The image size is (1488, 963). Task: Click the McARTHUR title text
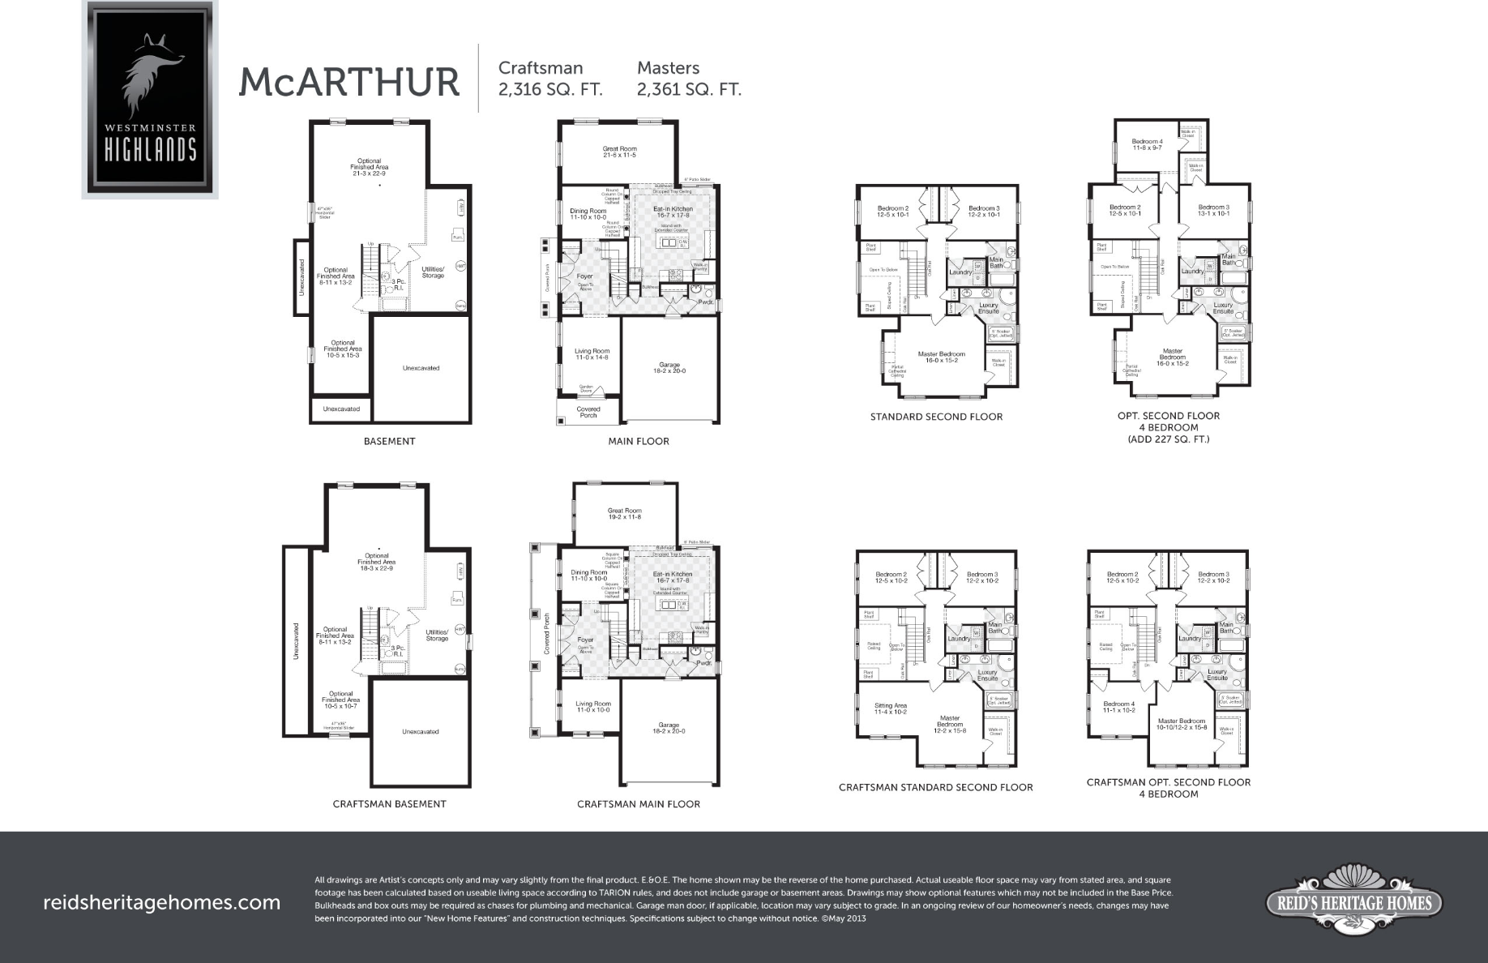[x=348, y=82]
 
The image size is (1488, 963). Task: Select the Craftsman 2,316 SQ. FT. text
[x=550, y=79]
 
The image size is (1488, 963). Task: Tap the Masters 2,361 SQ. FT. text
[x=689, y=79]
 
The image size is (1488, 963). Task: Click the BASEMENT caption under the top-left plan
[x=389, y=442]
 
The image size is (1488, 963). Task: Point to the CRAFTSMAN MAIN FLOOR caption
[x=639, y=804]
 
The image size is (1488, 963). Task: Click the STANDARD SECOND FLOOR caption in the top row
[x=936, y=417]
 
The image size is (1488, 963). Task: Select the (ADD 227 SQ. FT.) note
[x=1168, y=439]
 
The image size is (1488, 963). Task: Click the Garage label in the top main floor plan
[x=669, y=368]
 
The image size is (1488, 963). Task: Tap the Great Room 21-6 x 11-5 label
[x=620, y=152]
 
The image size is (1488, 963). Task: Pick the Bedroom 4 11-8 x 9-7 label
[x=1147, y=145]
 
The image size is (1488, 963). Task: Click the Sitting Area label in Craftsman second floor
[x=890, y=708]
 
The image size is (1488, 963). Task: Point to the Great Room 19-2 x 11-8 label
[x=624, y=514]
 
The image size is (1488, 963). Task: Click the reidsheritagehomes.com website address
[x=161, y=902]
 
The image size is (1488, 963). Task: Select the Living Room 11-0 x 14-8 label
[x=592, y=354]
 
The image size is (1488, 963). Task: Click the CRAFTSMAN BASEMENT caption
[x=389, y=804]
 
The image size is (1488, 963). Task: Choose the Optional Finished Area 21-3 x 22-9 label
[x=369, y=167]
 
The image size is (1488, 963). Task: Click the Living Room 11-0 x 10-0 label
[x=593, y=707]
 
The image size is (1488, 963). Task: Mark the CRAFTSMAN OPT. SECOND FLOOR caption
[x=1168, y=782]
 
